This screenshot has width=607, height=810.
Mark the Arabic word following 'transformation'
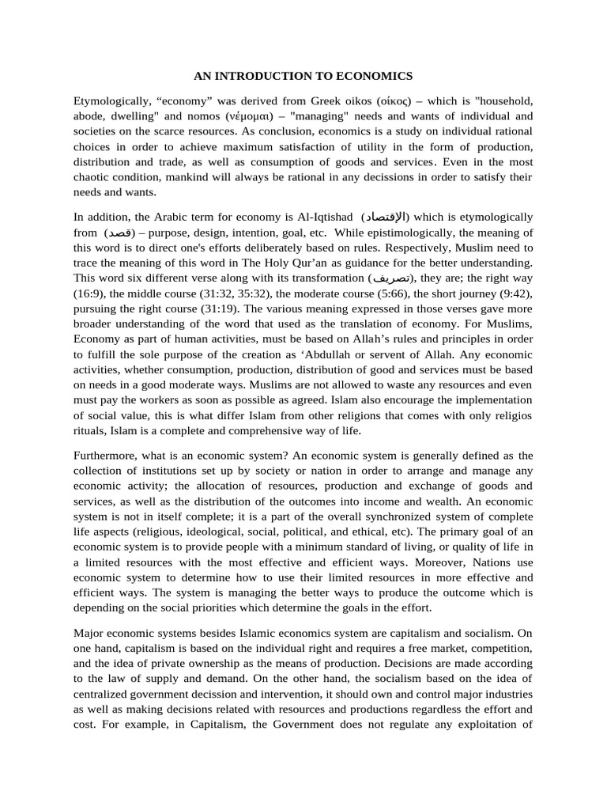coord(391,278)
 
